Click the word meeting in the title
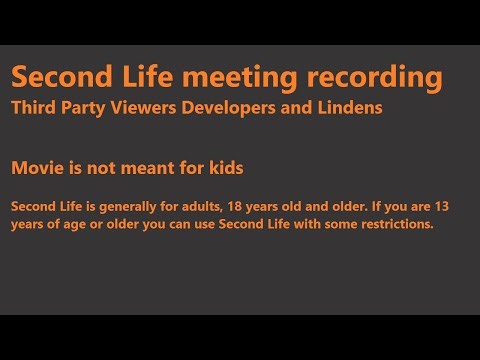[x=248, y=76]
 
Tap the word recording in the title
[x=377, y=76]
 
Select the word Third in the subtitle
[x=34, y=107]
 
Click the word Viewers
[x=146, y=107]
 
